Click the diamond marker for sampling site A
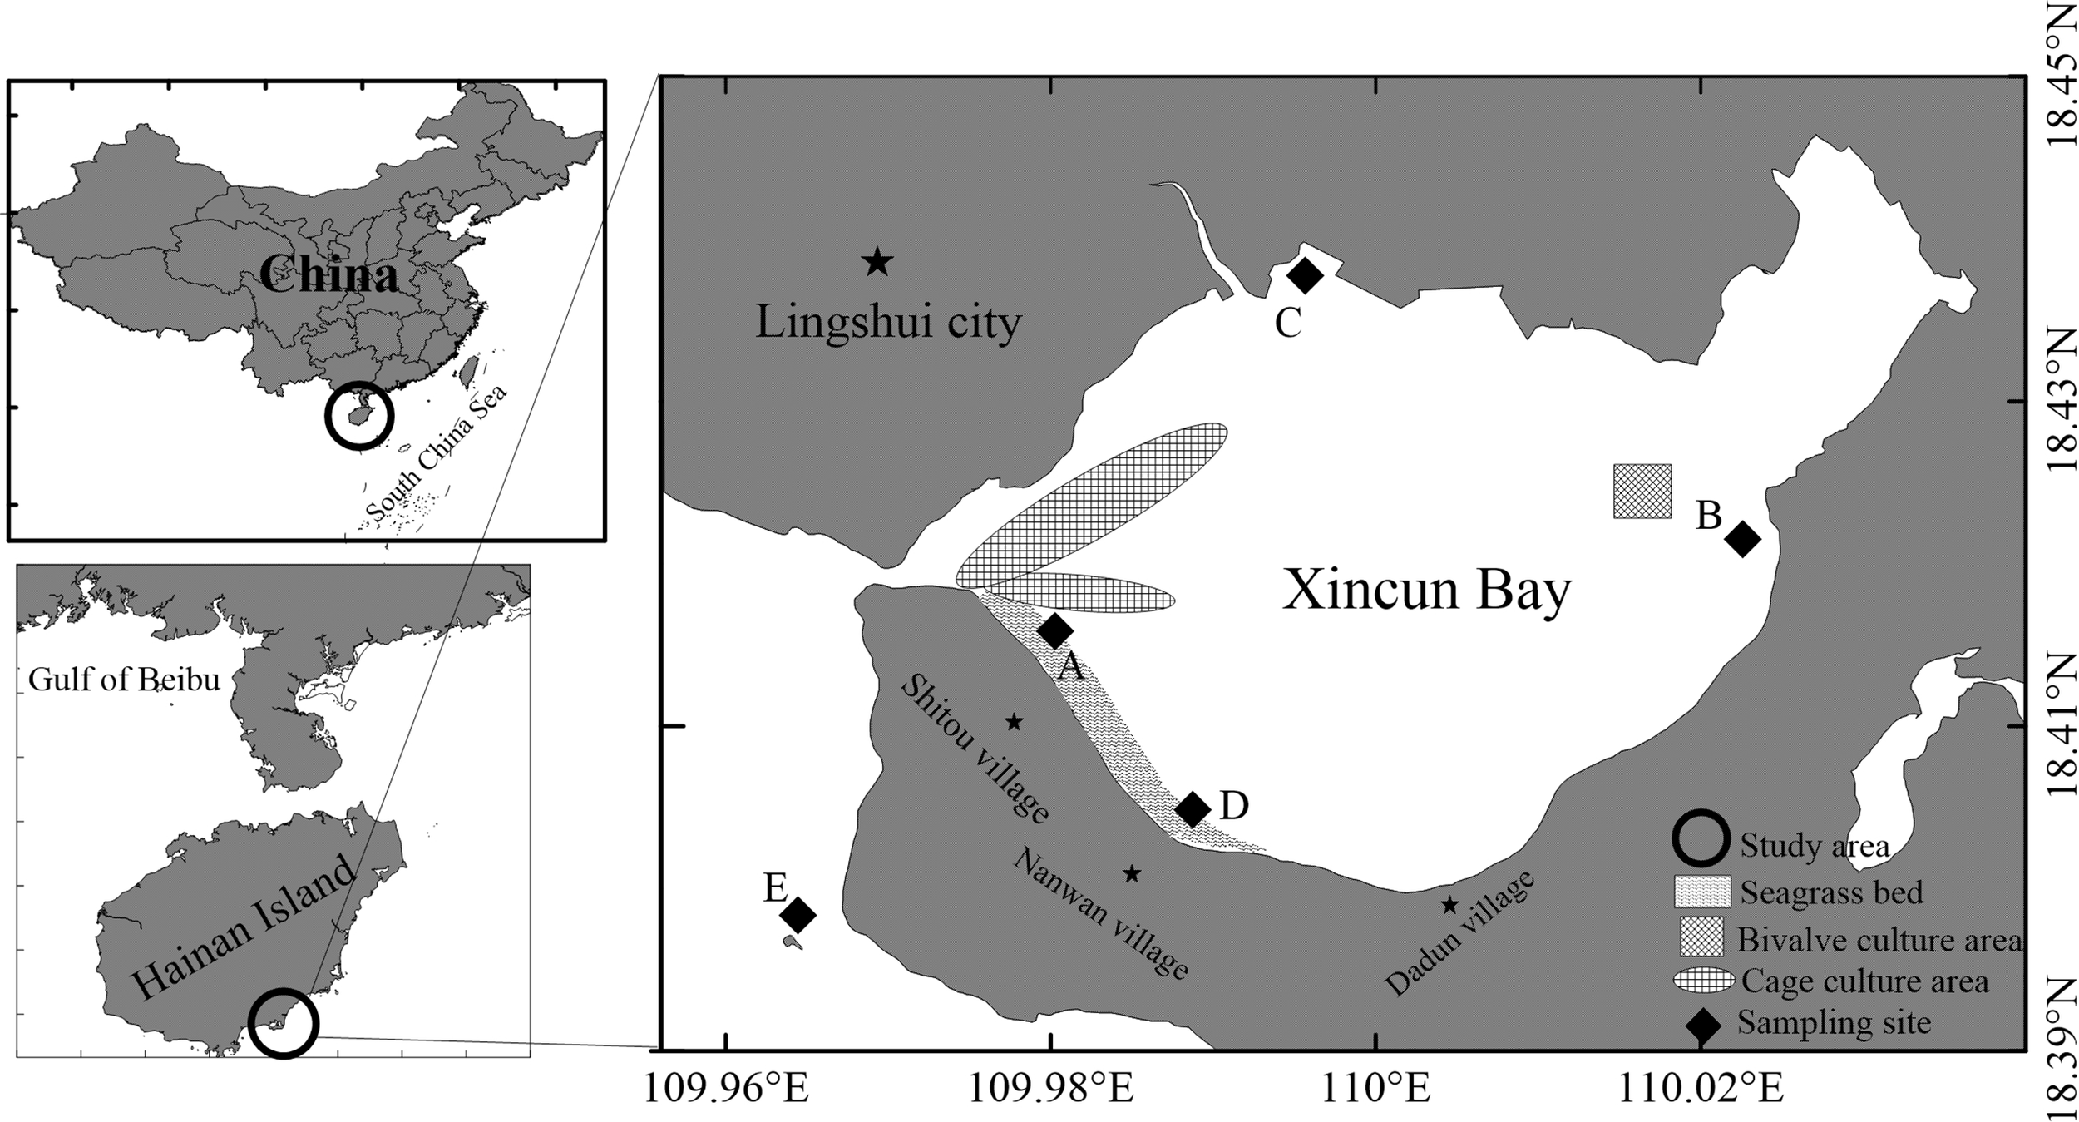pyautogui.click(x=1054, y=631)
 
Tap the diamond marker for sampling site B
pyautogui.click(x=1743, y=539)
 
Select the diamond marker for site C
pyautogui.click(x=1305, y=275)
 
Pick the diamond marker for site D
pyautogui.click(x=1193, y=808)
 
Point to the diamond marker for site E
pyautogui.click(x=798, y=916)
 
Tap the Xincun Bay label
pyautogui.click(x=1427, y=591)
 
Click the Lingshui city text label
pyautogui.click(x=888, y=321)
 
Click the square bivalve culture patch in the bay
pyautogui.click(x=1642, y=491)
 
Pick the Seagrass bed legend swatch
pyautogui.click(x=1701, y=892)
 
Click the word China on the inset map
pyautogui.click(x=328, y=274)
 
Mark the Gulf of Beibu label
pyautogui.click(x=125, y=679)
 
